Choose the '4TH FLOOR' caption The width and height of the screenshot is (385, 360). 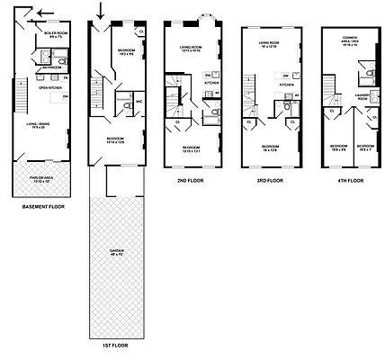pyautogui.click(x=351, y=179)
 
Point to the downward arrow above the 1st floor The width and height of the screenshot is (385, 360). pyautogui.click(x=101, y=12)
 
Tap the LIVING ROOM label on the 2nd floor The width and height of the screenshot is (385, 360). pyautogui.click(x=194, y=49)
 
